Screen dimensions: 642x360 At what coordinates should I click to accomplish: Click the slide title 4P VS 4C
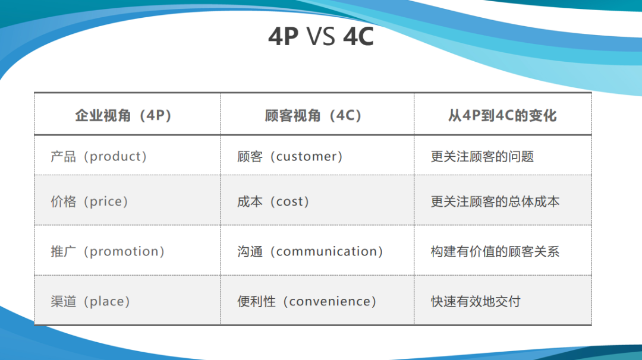[x=321, y=36]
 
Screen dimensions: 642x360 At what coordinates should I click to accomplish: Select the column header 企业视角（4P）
[x=123, y=115]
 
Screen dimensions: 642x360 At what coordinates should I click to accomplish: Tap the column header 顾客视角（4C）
[x=313, y=115]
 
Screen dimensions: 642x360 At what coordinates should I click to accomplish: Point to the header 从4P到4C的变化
[x=502, y=115]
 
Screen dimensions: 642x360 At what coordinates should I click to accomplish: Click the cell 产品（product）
[x=99, y=156]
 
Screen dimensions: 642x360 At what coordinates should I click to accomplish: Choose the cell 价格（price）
[x=89, y=201]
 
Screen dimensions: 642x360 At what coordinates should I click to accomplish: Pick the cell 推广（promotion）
[x=108, y=251]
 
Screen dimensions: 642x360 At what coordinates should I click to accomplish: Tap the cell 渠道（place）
[x=90, y=302]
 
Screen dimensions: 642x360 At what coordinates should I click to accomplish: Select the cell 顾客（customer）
[x=290, y=156]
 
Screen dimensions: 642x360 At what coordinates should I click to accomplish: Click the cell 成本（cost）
[x=273, y=201]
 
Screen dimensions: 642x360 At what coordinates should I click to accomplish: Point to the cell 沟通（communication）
[x=310, y=251]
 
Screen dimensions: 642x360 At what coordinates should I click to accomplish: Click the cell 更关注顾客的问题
[x=482, y=156]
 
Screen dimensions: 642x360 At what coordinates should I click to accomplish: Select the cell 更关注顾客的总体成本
[x=495, y=201]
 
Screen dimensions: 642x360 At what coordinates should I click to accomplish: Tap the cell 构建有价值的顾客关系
[x=495, y=251]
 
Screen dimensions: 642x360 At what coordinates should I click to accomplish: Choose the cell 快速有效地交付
[x=476, y=302]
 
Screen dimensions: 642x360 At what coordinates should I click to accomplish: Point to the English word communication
[x=327, y=251]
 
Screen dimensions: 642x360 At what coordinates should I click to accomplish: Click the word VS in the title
[x=321, y=36]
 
